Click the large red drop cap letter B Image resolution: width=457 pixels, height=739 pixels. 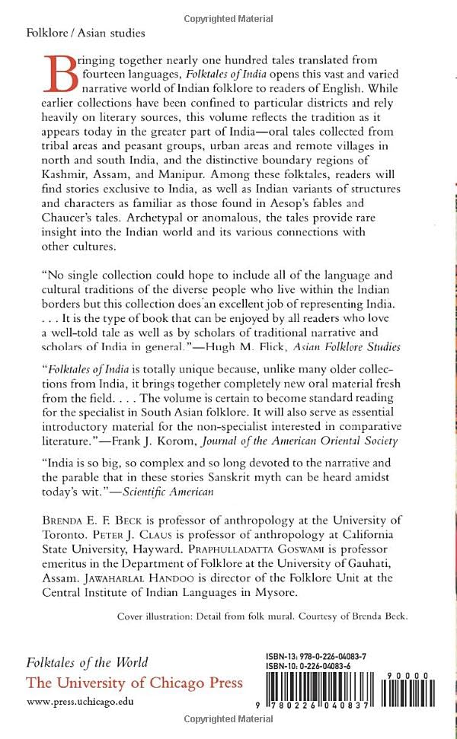(63, 75)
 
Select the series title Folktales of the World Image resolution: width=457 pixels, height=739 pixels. (88, 661)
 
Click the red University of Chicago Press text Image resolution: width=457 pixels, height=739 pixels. (134, 681)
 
